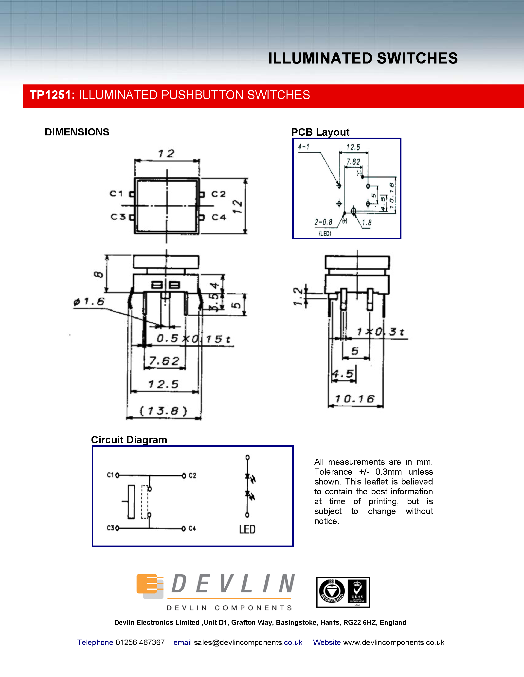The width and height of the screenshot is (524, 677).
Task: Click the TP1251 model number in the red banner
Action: tap(52, 95)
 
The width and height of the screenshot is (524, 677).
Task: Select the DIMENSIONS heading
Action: tap(77, 132)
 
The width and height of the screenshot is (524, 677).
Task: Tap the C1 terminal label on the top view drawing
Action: tap(116, 194)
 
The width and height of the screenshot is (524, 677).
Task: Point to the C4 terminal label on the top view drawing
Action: tap(218, 217)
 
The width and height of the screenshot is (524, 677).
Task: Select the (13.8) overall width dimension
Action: tap(163, 411)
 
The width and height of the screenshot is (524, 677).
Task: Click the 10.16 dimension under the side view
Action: tap(355, 399)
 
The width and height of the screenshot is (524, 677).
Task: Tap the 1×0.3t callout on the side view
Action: tap(380, 332)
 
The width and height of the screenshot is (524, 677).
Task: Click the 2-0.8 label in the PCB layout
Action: tap(323, 222)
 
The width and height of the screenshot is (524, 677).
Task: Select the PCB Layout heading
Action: tap(320, 132)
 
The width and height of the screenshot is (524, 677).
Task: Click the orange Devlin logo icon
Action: tap(150, 586)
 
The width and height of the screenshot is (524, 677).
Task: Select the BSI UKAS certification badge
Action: tap(343, 592)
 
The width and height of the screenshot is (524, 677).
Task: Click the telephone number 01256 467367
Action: tap(140, 643)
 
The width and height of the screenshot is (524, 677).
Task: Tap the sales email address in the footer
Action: tap(248, 643)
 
